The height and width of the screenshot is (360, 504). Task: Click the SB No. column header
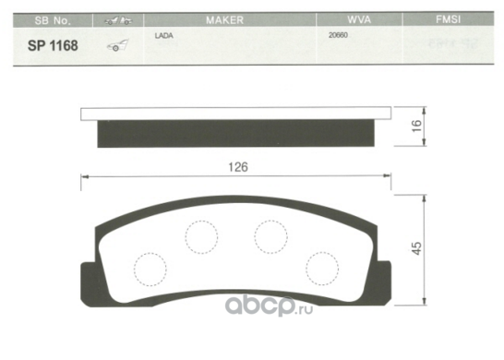pyautogui.click(x=53, y=20)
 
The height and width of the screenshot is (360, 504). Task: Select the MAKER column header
pyautogui.click(x=224, y=20)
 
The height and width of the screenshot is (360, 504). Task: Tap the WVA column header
pyautogui.click(x=359, y=20)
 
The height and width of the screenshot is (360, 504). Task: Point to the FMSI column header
pyautogui.click(x=448, y=19)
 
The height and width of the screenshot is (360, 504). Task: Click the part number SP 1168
pyautogui.click(x=53, y=45)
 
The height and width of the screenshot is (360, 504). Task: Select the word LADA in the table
pyautogui.click(x=164, y=36)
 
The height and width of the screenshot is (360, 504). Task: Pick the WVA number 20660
pyautogui.click(x=338, y=35)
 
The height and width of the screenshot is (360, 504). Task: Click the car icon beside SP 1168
pyautogui.click(x=117, y=45)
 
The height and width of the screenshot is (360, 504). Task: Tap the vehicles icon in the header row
pyautogui.click(x=118, y=20)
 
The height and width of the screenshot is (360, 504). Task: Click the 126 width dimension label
pyautogui.click(x=238, y=167)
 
